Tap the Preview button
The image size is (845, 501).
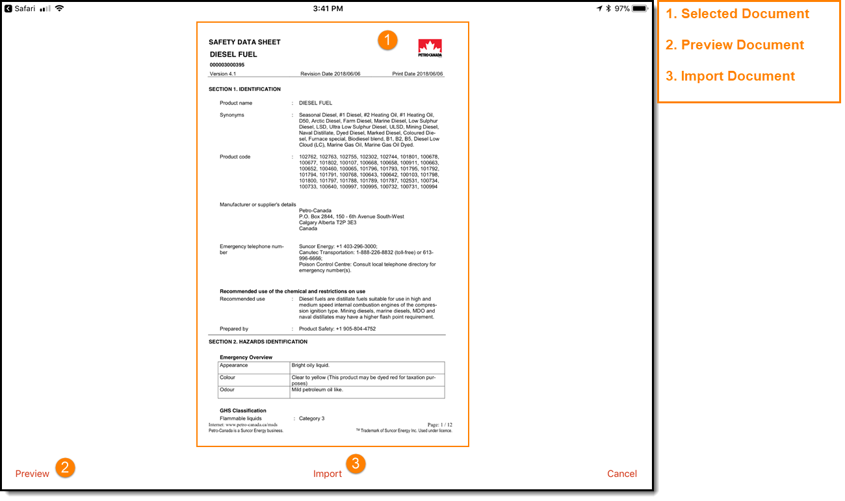click(32, 474)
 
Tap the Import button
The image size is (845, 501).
click(327, 474)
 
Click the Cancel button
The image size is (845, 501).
click(621, 474)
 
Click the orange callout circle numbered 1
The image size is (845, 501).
click(387, 40)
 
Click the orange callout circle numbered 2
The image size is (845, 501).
click(65, 467)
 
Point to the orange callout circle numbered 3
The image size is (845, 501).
click(356, 463)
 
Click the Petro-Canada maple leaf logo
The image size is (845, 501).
click(430, 48)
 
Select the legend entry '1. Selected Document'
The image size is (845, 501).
click(737, 14)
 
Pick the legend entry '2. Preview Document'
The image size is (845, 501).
click(734, 45)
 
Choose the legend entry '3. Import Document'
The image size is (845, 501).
click(730, 76)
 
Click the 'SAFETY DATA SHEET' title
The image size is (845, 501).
click(244, 42)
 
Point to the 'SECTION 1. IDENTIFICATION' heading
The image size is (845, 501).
click(244, 89)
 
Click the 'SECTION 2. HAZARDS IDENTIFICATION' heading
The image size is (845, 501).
click(258, 342)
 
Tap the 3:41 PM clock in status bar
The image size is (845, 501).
click(328, 8)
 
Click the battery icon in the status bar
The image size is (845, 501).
click(640, 8)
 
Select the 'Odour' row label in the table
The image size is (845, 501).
click(227, 390)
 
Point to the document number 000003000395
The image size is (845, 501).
click(227, 65)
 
